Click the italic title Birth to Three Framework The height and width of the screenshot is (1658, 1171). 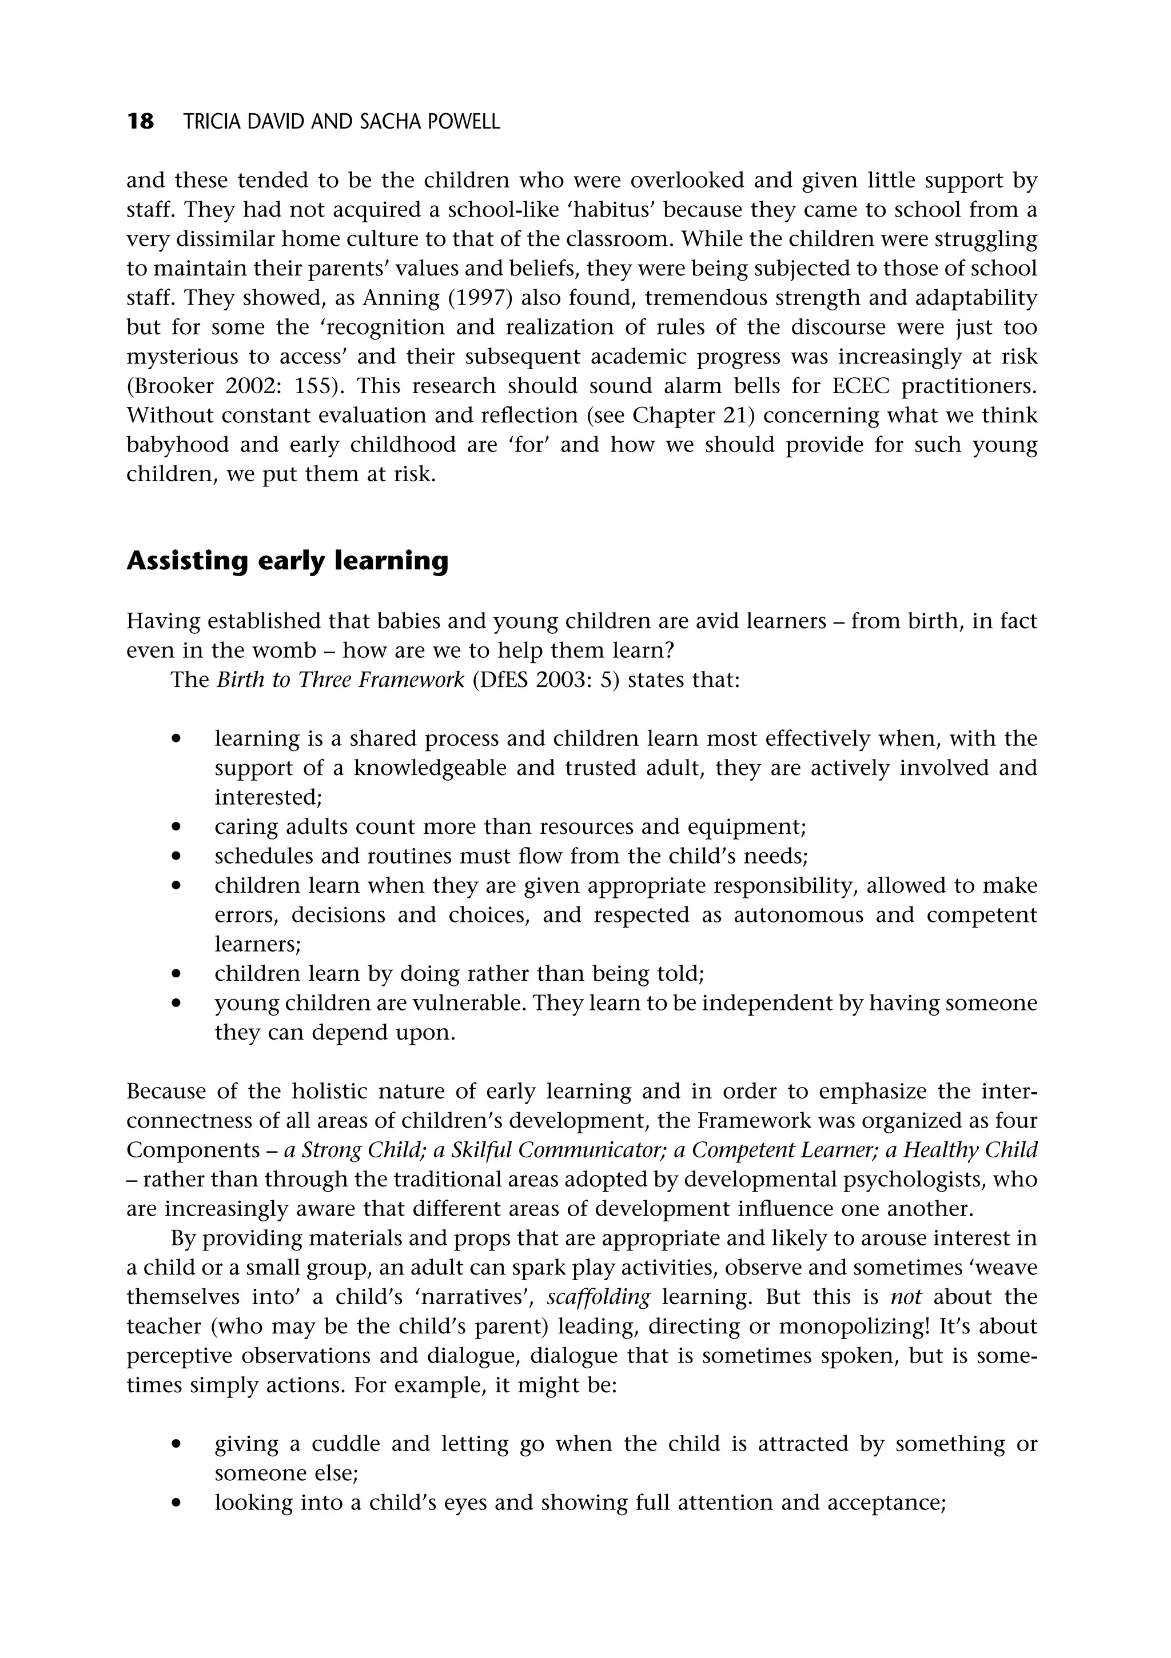pos(340,680)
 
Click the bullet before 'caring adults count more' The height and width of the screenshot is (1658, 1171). pos(176,827)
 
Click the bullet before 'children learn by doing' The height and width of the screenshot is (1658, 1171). pos(176,974)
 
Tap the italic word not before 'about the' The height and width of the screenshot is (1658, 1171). pos(906,1297)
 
